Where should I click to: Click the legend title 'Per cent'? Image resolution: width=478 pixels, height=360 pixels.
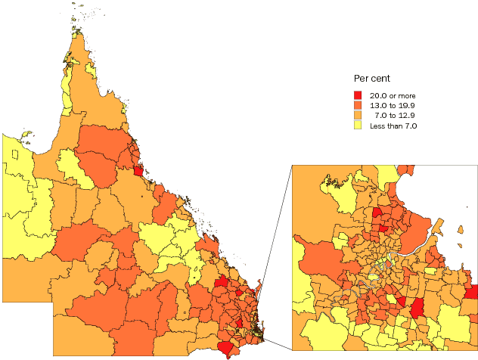(372, 79)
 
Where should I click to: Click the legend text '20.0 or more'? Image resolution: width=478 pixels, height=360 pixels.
(393, 95)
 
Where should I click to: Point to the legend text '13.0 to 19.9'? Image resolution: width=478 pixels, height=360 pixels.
(393, 105)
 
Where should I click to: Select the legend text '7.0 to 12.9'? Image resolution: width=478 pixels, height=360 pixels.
(396, 115)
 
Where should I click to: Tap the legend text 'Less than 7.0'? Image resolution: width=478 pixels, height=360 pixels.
(393, 126)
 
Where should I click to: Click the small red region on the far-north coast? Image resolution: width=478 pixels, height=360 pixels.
(138, 170)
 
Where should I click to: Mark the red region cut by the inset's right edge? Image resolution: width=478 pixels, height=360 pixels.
(472, 292)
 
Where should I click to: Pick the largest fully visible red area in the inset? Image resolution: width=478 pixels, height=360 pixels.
(416, 308)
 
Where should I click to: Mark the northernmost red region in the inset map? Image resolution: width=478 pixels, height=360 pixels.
(376, 213)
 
